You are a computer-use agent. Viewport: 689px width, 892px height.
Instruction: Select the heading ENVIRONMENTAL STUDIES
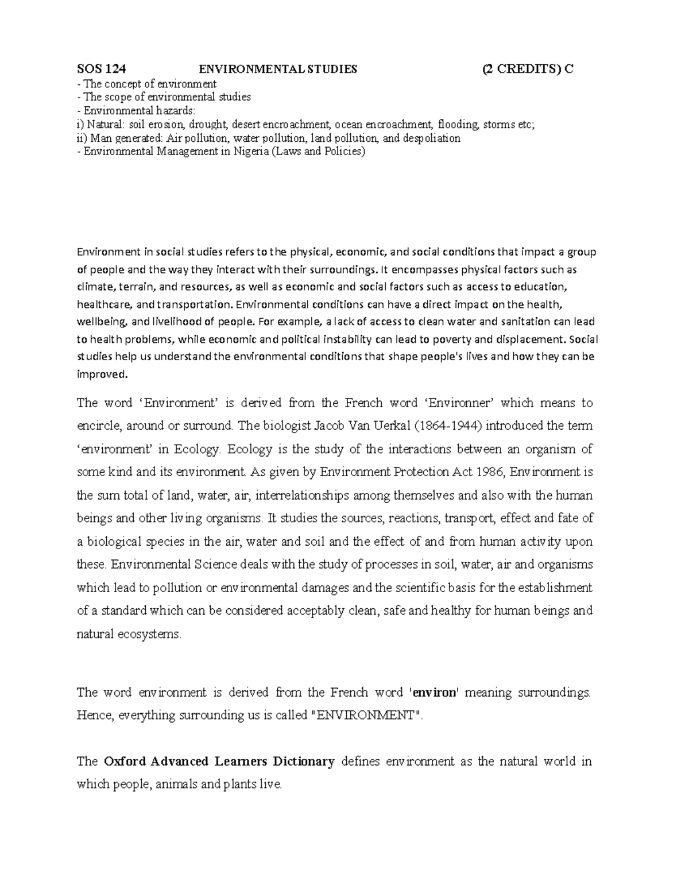(277, 69)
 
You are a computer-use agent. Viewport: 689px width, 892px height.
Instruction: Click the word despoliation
(431, 138)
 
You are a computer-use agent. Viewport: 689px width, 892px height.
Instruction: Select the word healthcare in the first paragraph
(100, 304)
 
